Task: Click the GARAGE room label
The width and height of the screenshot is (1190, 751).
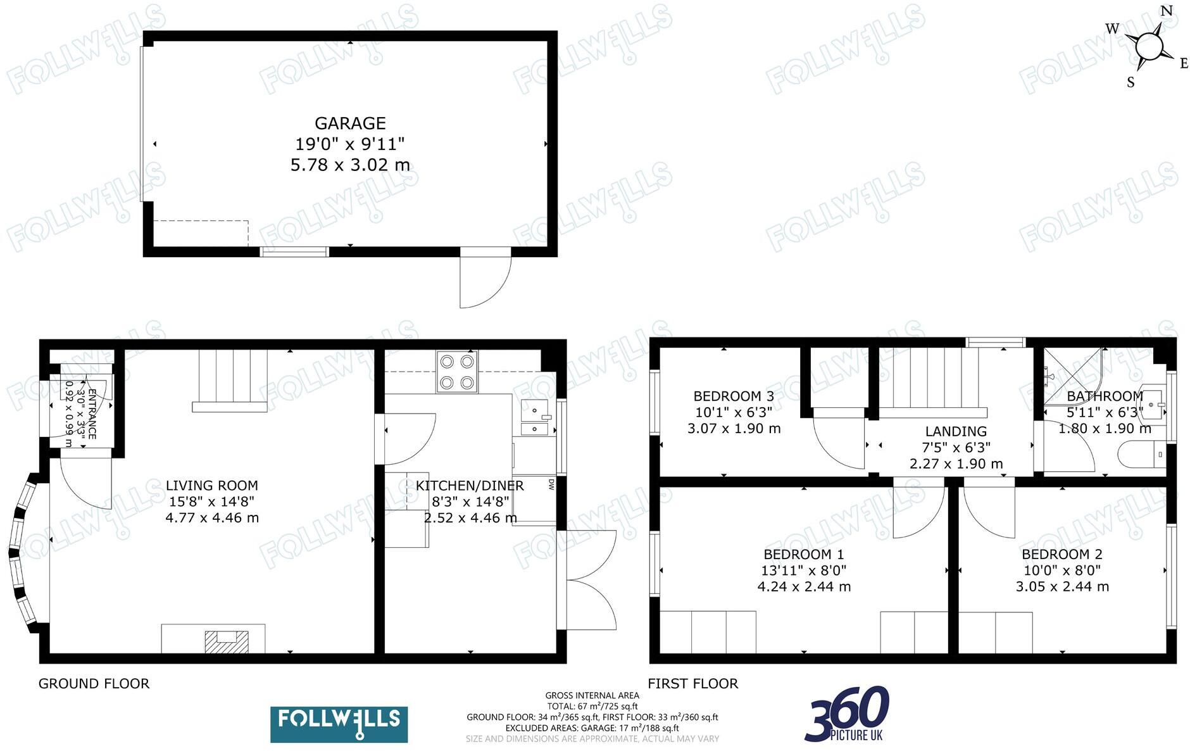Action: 350,123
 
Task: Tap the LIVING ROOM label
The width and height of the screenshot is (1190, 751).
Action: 212,486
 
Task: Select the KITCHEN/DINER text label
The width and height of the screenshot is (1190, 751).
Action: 470,486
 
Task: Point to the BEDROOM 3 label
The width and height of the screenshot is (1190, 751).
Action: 734,396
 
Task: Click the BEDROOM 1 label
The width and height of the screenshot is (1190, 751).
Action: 804,555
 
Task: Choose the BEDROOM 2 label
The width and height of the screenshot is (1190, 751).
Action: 1062,555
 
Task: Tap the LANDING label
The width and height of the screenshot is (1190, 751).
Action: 956,432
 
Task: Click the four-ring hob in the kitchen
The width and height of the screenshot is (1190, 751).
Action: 457,372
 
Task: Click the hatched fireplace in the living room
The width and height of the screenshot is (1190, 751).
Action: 226,641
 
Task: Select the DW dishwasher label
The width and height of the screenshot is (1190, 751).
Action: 551,484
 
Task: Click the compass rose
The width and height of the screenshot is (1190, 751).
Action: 1148,47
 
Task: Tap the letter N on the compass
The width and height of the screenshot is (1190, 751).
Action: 1166,11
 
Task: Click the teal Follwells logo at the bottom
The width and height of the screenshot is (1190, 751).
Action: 339,724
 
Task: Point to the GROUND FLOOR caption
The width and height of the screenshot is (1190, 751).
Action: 94,684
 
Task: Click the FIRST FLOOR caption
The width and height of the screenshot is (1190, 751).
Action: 693,684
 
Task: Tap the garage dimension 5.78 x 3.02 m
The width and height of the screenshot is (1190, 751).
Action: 350,165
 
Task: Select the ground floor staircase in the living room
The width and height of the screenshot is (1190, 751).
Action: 229,380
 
